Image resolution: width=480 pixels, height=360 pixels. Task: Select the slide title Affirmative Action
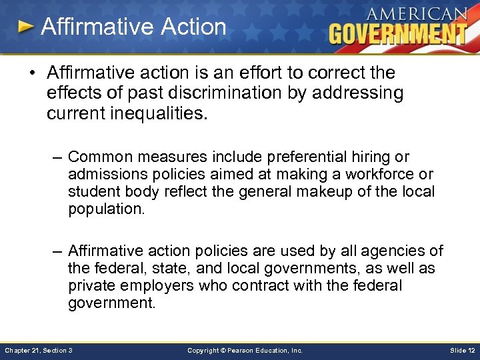[133, 27]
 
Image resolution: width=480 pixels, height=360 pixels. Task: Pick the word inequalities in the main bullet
[164, 113]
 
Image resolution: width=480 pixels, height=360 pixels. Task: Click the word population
[106, 209]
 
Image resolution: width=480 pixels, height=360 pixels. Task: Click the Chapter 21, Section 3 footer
[39, 350]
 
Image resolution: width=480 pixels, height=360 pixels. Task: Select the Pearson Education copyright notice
[245, 350]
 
